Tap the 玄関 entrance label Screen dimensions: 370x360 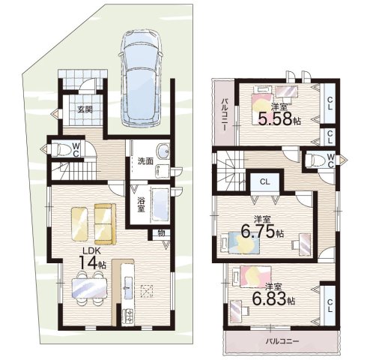[x=85, y=109]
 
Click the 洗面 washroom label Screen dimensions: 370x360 [x=145, y=161]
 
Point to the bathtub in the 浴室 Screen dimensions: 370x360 [x=160, y=205]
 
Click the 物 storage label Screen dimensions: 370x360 [x=161, y=233]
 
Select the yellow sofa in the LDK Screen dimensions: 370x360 [x=105, y=223]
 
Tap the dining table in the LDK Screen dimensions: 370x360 [x=89, y=288]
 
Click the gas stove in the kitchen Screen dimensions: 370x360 [x=127, y=316]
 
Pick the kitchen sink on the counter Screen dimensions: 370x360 [x=127, y=287]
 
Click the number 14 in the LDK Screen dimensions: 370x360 [x=88, y=262]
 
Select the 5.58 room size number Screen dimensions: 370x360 [x=275, y=118]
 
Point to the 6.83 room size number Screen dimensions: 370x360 [x=269, y=298]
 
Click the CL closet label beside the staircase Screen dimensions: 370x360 [x=264, y=182]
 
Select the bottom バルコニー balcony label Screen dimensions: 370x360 [x=282, y=341]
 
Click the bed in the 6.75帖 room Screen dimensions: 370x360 [x=240, y=243]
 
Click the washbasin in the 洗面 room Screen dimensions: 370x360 [x=163, y=151]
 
